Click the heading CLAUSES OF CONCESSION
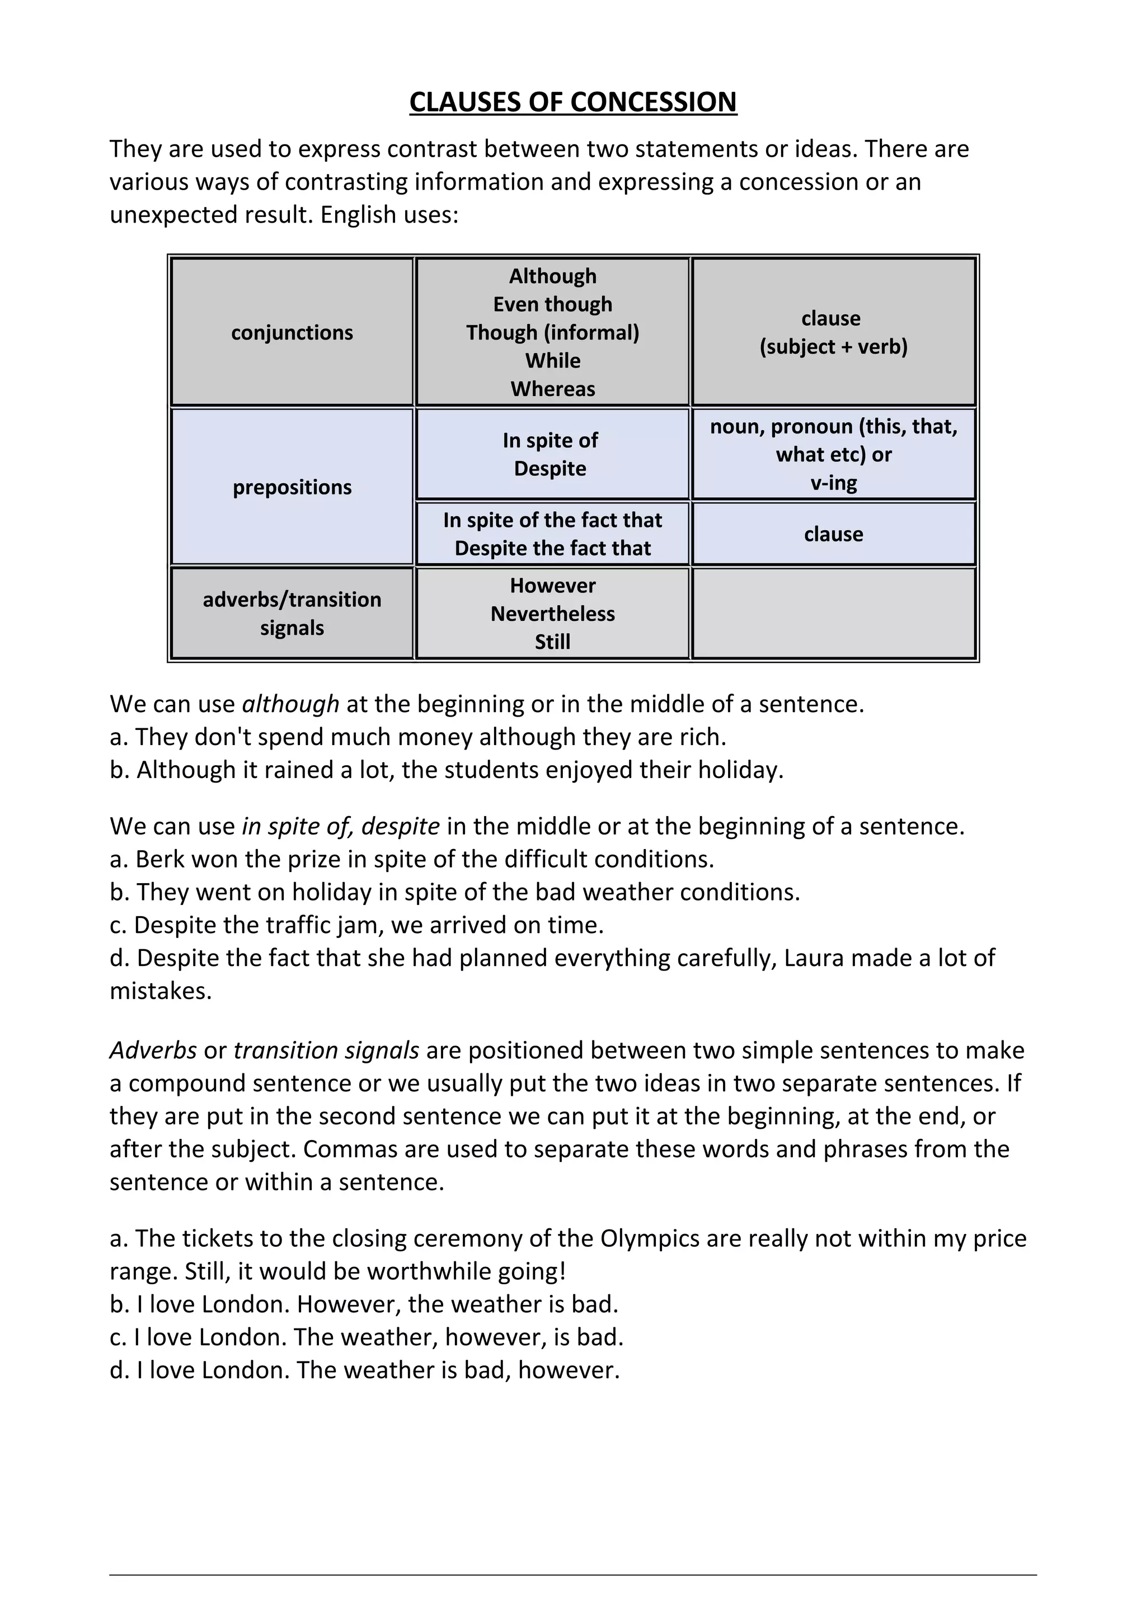click(572, 102)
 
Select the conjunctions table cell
click(292, 332)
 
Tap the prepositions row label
click(292, 487)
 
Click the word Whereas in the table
click(553, 389)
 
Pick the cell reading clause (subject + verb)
click(833, 332)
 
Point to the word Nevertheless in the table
click(553, 614)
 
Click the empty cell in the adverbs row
click(833, 614)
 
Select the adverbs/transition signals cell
click(292, 614)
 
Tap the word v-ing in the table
click(833, 483)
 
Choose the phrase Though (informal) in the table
click(553, 332)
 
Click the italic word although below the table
click(290, 704)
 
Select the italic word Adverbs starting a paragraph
click(153, 1050)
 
